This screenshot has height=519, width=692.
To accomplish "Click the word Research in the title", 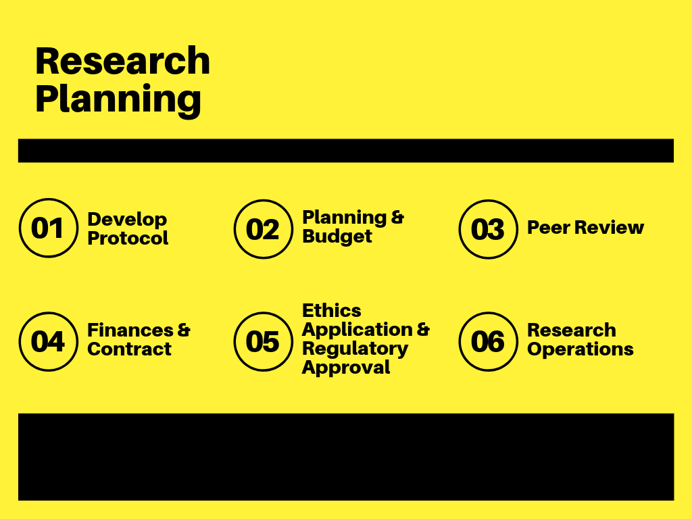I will click(122, 61).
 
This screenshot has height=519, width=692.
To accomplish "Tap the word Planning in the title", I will click(118, 99).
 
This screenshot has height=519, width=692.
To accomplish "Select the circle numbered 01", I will click(47, 228).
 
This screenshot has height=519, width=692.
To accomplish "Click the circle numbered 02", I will click(263, 229).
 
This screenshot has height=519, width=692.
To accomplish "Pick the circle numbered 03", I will click(487, 229).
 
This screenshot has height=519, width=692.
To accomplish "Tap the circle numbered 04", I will click(47, 341).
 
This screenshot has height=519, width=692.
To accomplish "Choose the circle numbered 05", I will click(263, 341).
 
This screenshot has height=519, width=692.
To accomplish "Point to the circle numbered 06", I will click(487, 341).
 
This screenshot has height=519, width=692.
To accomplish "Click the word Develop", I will click(127, 220).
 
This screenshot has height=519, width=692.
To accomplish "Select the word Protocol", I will click(128, 239).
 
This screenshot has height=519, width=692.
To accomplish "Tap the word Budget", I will click(337, 237).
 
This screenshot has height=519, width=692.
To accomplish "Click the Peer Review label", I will click(585, 228).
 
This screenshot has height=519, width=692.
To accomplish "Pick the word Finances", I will click(130, 330).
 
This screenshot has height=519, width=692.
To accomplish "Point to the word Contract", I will click(129, 349).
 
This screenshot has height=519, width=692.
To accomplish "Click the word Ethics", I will click(331, 311).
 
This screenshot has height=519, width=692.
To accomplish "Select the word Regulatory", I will click(355, 349).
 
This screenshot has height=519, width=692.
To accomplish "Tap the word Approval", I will click(346, 368).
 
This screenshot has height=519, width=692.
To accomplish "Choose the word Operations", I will click(580, 350).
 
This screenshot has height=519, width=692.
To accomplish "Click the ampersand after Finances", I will click(184, 330).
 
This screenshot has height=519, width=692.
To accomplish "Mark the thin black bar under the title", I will click(345, 151).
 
